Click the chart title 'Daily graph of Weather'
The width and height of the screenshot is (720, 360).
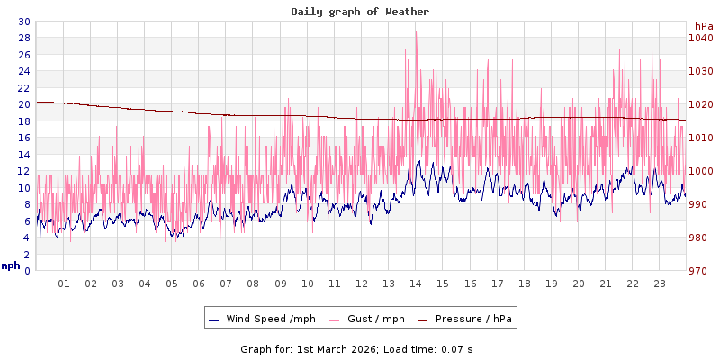(x=360, y=12)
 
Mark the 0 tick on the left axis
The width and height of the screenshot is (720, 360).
(x=26, y=271)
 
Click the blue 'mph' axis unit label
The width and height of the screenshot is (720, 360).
(x=11, y=266)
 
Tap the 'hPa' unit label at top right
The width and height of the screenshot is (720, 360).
(x=703, y=26)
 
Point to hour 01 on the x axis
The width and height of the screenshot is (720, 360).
(x=64, y=283)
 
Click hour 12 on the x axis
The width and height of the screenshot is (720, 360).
(x=362, y=283)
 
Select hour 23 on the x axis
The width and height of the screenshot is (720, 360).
(x=660, y=283)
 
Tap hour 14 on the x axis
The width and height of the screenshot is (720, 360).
(x=416, y=283)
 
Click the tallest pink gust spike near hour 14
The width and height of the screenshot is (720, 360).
(x=416, y=31)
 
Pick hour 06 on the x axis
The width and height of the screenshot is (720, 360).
(x=199, y=283)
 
